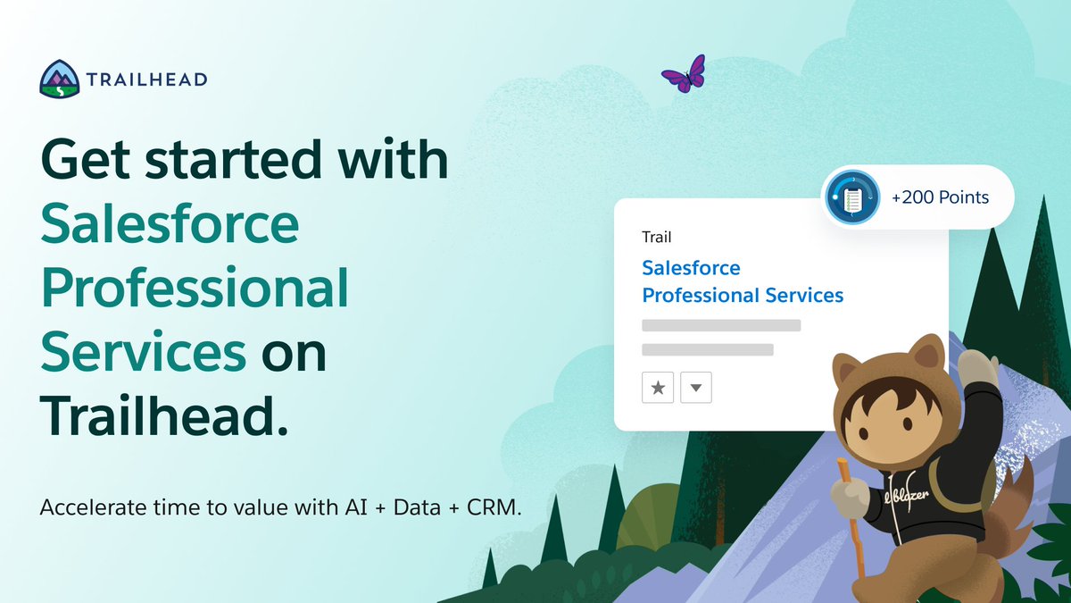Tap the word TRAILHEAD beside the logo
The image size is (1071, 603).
(x=147, y=80)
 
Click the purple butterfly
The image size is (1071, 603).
(x=684, y=73)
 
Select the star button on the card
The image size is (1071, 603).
(x=658, y=388)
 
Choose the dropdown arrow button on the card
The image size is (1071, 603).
(x=696, y=388)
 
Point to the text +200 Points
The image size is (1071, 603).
(x=940, y=197)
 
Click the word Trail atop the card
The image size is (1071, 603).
(x=656, y=238)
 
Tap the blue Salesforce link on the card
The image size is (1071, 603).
(x=691, y=268)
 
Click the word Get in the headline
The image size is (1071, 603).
(x=87, y=161)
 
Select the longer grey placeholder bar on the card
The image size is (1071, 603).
(x=721, y=325)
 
